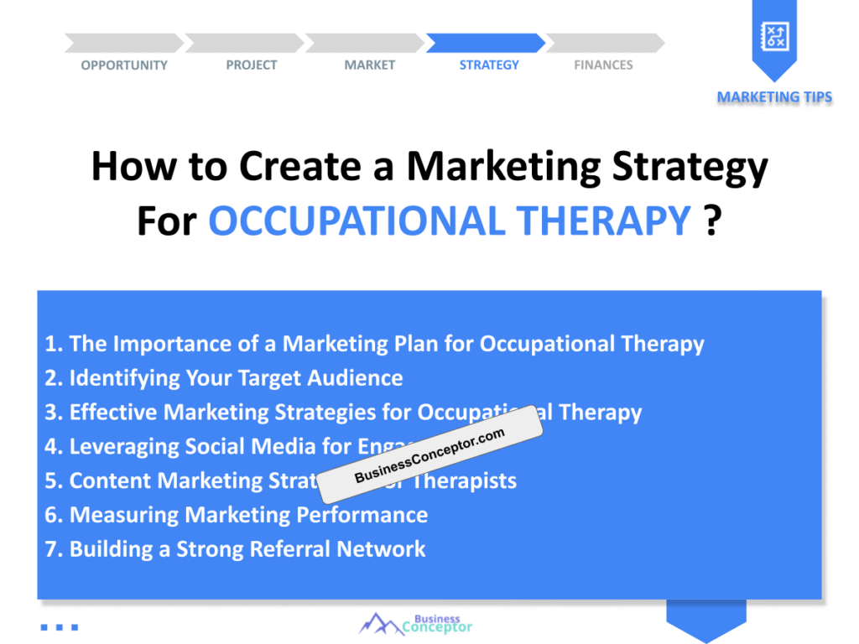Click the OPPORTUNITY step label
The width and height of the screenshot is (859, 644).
point(124,65)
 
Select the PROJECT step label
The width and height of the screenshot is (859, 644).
point(251,65)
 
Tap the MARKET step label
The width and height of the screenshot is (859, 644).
point(369,65)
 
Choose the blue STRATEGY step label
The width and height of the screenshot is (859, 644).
point(489,65)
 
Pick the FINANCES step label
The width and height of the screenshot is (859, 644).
point(603,65)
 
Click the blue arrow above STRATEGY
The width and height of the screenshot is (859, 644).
point(486,43)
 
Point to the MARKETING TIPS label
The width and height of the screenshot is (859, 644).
point(774,97)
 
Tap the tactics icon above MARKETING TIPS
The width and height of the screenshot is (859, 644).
point(773,36)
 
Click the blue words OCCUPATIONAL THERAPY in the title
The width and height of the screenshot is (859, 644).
point(450,221)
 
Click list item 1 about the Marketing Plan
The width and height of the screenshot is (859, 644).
point(374,344)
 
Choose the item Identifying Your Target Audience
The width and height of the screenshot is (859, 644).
point(224,378)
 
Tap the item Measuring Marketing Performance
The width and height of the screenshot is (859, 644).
point(236,515)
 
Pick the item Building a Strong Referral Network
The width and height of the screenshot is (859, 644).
point(235,549)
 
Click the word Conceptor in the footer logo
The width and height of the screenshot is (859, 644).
point(437,627)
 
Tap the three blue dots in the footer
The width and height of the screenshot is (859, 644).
point(59,626)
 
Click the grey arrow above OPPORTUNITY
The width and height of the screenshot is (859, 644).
point(123,43)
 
